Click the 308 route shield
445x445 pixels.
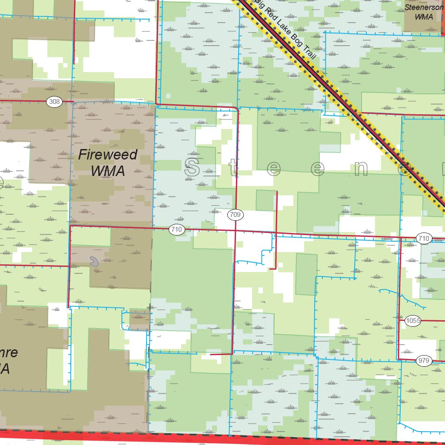pos(54,102)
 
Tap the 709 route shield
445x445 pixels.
pos(236,214)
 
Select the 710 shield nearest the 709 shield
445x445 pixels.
pos(176,229)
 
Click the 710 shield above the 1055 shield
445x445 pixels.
pos(424,238)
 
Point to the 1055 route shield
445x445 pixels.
pos(413,321)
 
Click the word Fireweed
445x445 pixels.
pos(108,155)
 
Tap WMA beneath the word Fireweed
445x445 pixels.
pos(108,171)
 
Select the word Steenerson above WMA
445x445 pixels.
pos(424,7)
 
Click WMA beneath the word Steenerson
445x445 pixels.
pos(424,17)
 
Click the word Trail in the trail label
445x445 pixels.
pos(307,54)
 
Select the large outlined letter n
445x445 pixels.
pos(360,169)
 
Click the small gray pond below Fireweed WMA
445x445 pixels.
pos(93,261)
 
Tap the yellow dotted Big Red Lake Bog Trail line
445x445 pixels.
pos(348,104)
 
